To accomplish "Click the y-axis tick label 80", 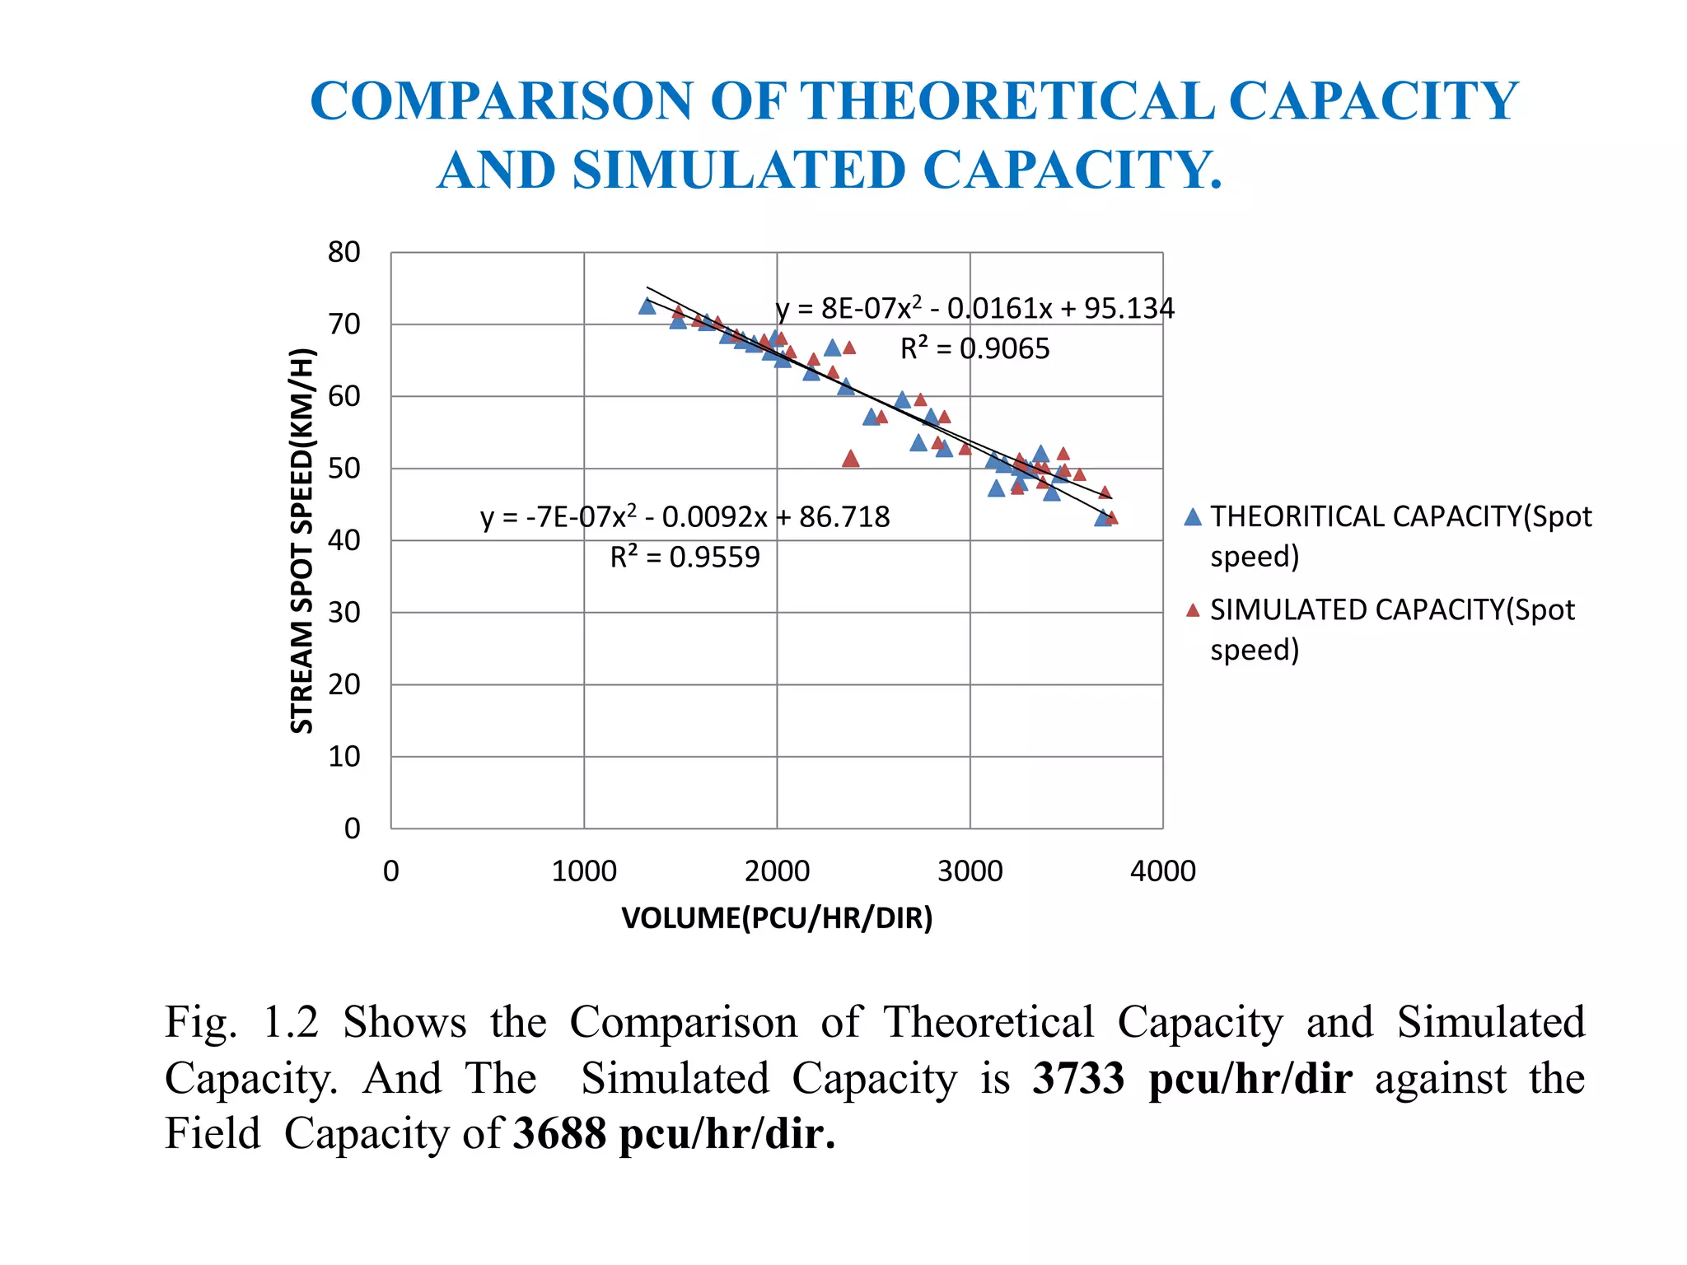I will (343, 252).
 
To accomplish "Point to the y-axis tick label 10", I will (343, 756).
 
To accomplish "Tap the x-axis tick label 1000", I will (583, 871).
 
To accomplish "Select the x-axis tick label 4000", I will (1162, 871).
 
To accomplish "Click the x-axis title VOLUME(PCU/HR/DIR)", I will (777, 918).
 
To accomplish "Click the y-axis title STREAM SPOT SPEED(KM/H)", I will (302, 540).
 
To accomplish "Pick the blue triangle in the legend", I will (1193, 517).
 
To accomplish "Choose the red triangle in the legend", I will (1193, 610).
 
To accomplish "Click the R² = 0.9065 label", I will (974, 349).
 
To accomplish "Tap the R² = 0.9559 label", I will (685, 558).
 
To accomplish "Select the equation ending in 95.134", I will (974, 309).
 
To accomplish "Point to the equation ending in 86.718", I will (685, 517).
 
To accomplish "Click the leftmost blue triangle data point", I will (647, 306).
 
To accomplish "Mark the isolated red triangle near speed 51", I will (851, 459).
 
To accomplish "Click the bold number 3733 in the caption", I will (1078, 1078).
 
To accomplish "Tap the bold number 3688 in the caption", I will (559, 1133).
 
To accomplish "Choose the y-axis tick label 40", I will (343, 540).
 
